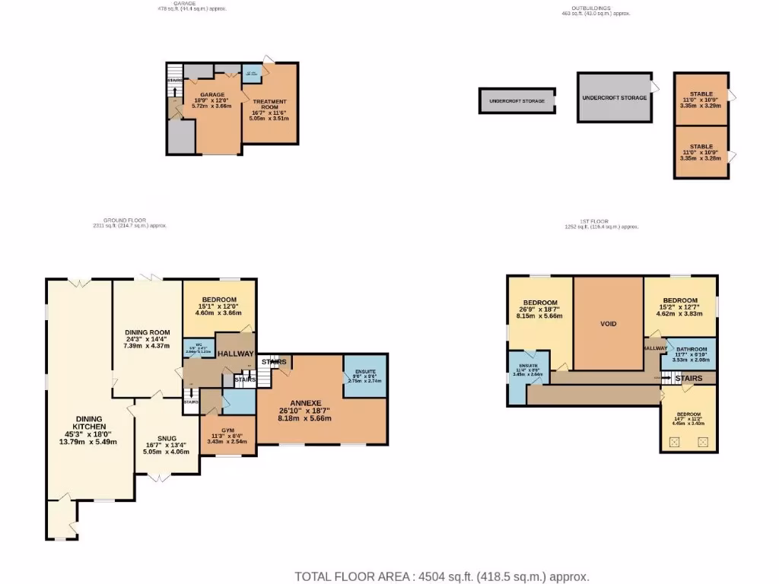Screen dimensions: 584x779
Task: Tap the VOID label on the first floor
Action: tap(608, 324)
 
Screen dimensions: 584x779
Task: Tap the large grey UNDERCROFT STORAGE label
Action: tap(614, 98)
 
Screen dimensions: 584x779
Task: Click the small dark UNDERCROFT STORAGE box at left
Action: tap(517, 101)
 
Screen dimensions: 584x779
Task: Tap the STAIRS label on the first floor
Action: tap(688, 378)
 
